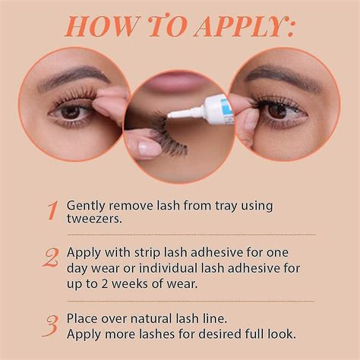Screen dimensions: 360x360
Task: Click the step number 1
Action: [51, 210]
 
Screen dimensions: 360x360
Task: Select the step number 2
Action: [51, 258]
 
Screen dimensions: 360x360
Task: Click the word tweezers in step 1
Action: [94, 219]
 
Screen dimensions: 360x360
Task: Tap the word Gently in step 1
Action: [86, 205]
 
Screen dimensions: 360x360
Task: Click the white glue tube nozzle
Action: [182, 112]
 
